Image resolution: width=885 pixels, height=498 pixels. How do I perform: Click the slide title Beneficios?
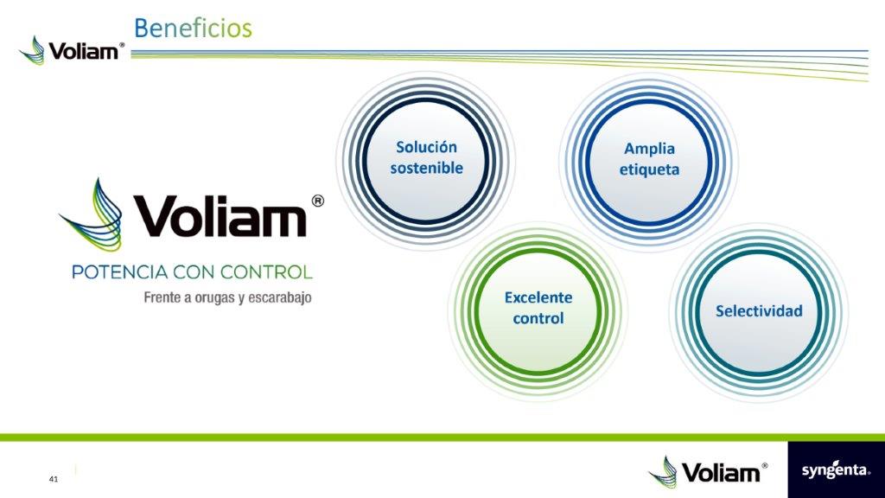(x=193, y=28)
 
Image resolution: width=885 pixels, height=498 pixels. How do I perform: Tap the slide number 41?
(x=54, y=478)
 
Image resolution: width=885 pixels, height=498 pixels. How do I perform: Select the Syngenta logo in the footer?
(x=835, y=471)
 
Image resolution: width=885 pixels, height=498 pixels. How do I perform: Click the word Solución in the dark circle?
(x=426, y=148)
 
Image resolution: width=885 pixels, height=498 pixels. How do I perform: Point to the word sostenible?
(x=426, y=168)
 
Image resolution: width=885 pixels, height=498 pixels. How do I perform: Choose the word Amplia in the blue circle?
(x=649, y=149)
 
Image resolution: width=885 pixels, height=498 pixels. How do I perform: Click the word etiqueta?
(x=649, y=169)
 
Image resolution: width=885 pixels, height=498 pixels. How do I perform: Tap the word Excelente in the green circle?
(x=538, y=297)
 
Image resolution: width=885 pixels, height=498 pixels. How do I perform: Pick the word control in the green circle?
(x=538, y=318)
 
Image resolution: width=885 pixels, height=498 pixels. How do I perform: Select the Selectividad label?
(x=759, y=310)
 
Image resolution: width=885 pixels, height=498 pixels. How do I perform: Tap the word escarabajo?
(x=277, y=298)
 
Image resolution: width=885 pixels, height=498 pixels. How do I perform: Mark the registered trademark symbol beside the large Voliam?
(x=317, y=201)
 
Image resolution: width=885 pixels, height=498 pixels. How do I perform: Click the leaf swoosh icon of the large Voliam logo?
(x=90, y=216)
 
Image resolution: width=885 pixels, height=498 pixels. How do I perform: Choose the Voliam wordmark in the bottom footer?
(x=721, y=472)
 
